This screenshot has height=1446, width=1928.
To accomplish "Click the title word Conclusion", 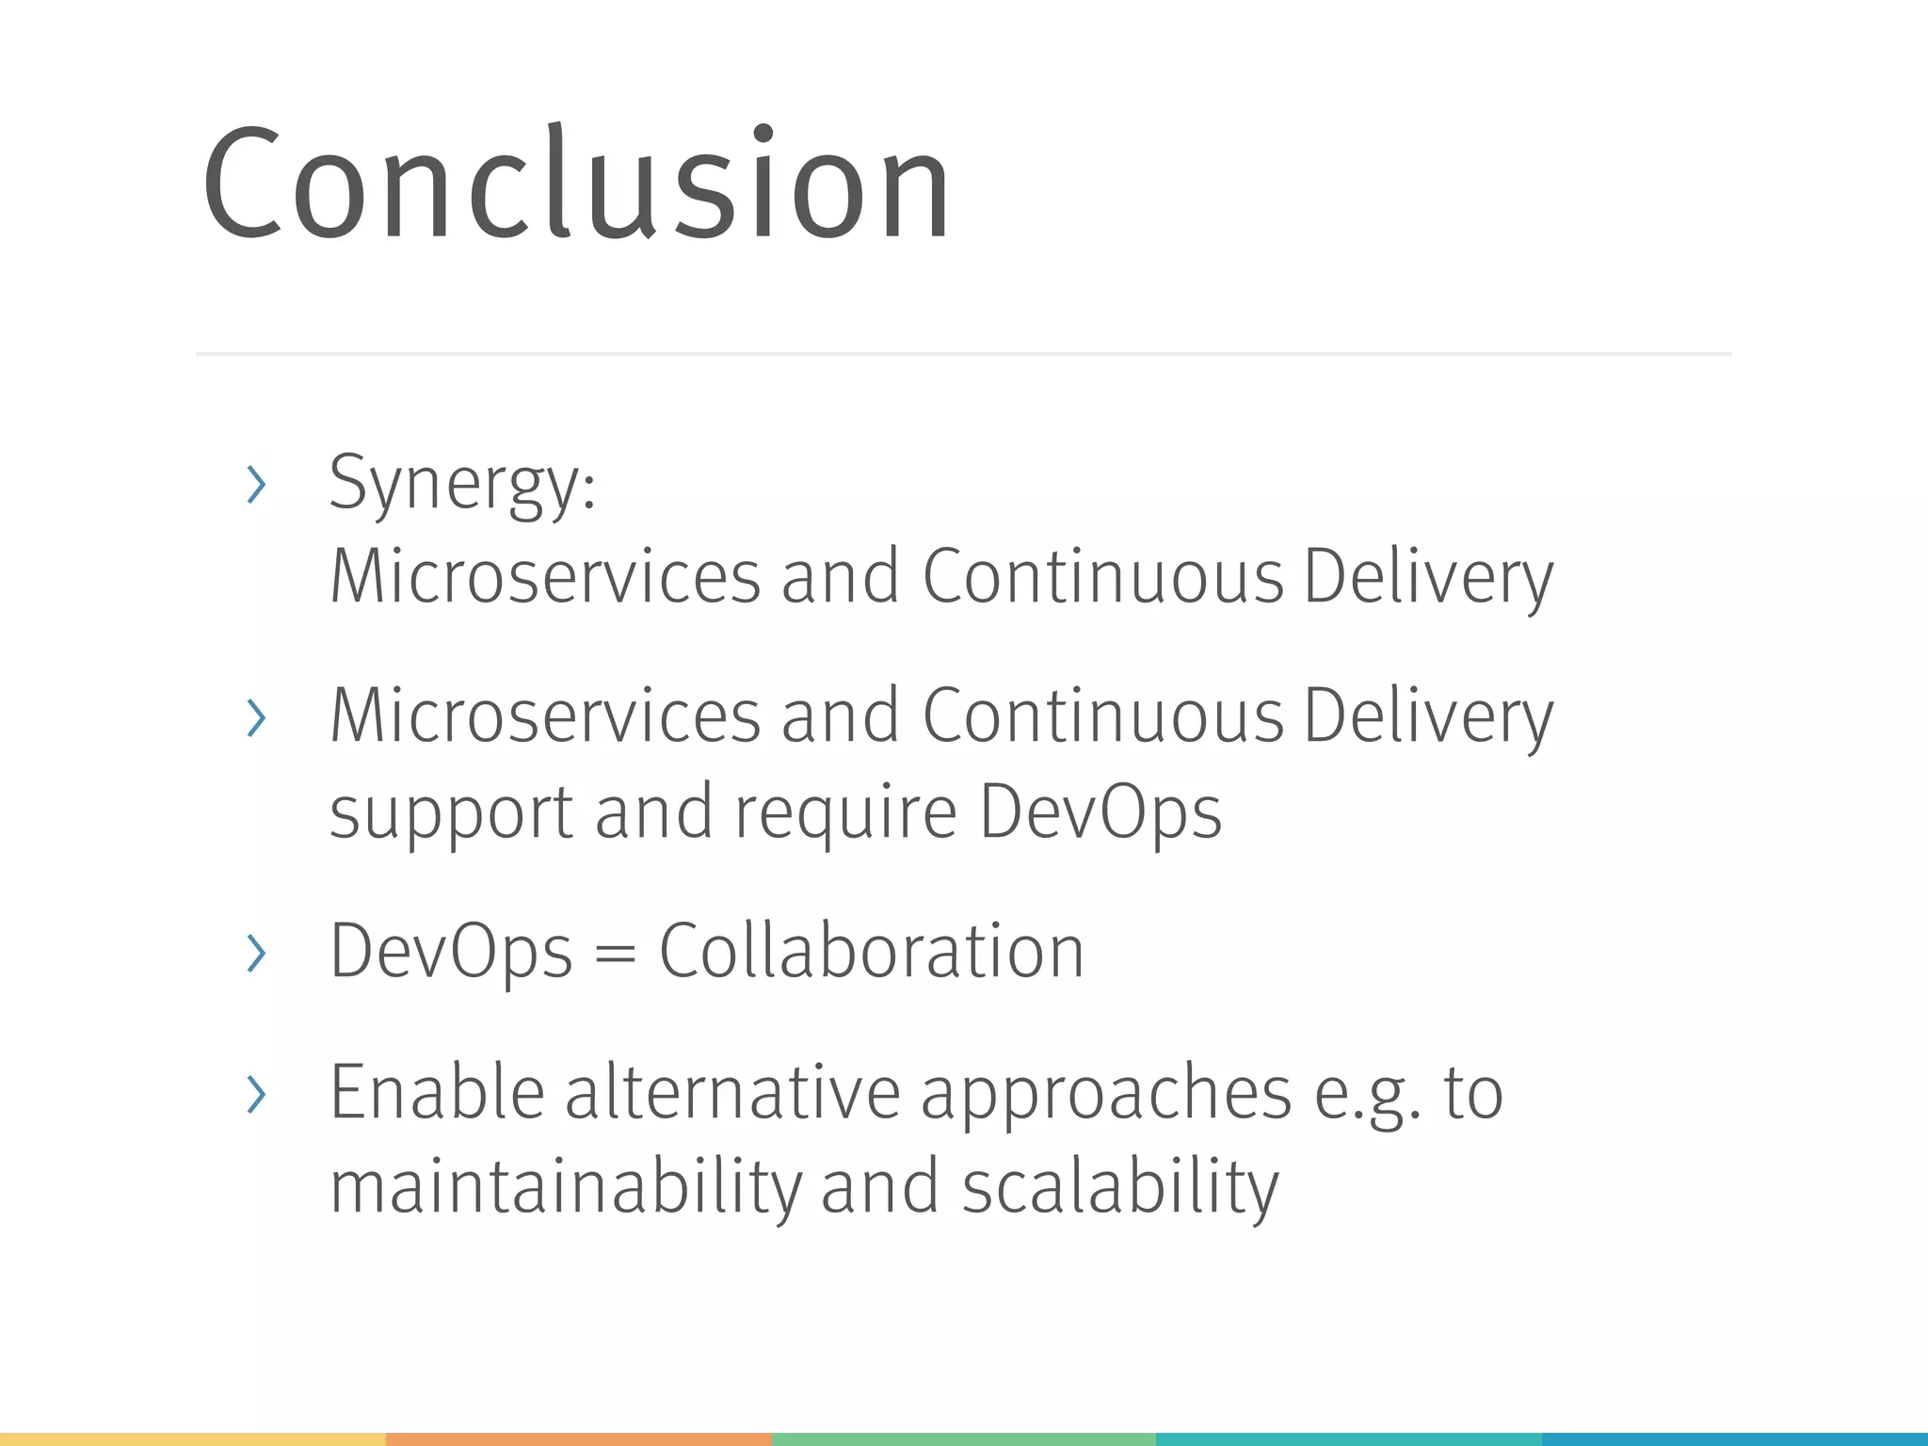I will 576,184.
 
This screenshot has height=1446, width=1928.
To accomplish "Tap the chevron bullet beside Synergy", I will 255,485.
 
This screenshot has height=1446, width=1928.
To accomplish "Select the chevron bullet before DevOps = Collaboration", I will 255,953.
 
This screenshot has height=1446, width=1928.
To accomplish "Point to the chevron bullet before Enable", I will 255,1094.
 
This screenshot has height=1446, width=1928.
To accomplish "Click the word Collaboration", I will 871,951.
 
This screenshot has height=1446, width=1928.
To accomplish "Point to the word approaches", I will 1105,1097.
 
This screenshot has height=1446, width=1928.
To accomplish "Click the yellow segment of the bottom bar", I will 193,1439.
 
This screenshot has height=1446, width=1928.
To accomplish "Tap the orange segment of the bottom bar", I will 578,1439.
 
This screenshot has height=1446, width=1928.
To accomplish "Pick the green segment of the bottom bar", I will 963,1439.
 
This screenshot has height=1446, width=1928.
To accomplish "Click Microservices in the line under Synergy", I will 544,576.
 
